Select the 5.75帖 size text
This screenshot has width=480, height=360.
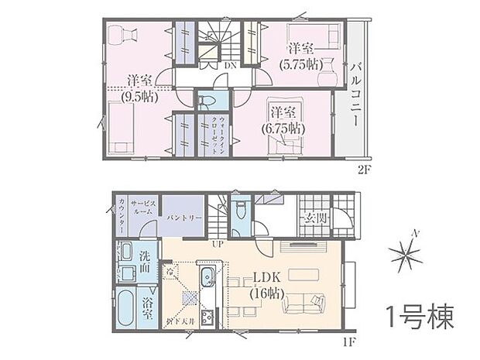pyautogui.click(x=299, y=65)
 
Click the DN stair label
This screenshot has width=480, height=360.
pyautogui.click(x=230, y=67)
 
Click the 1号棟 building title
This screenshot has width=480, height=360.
pyautogui.click(x=418, y=317)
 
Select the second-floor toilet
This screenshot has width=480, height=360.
pyautogui.click(x=206, y=102)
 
